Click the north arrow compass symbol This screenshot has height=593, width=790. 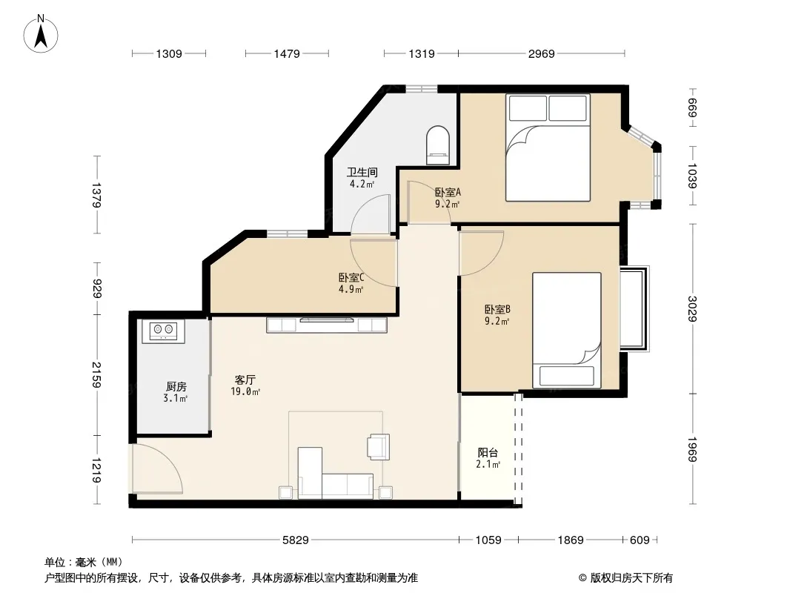(41, 34)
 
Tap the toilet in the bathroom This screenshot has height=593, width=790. (437, 145)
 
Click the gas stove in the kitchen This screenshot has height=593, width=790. (163, 331)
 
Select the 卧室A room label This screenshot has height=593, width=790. (448, 192)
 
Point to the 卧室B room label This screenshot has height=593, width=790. (497, 309)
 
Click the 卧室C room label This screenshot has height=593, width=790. (351, 278)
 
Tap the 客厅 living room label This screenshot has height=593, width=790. (245, 380)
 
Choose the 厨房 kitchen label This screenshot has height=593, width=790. (176, 386)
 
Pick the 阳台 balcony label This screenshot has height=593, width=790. (488, 452)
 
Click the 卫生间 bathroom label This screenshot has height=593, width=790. (362, 172)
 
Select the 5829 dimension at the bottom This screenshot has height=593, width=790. (295, 540)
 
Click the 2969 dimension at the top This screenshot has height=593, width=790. (542, 53)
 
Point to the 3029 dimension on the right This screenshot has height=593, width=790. (693, 309)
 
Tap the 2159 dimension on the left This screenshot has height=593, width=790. (96, 375)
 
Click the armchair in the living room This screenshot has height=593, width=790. (379, 447)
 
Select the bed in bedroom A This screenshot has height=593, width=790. (548, 148)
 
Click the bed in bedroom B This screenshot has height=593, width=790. (567, 331)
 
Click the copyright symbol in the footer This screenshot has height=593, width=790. (582, 578)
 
